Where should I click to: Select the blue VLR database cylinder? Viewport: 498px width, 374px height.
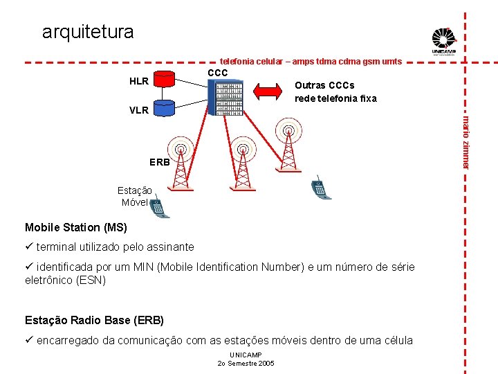pyautogui.click(x=165, y=107)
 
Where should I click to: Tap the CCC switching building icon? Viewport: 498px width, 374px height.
pyautogui.click(x=225, y=97)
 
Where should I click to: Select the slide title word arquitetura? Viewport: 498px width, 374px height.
pyautogui.click(x=88, y=32)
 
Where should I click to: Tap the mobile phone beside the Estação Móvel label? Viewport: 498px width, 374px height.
pyautogui.click(x=158, y=208)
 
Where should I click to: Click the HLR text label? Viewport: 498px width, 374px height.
pyautogui.click(x=139, y=82)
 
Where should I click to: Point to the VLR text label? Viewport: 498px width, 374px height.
pyautogui.click(x=139, y=110)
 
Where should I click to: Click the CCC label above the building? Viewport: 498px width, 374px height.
pyautogui.click(x=218, y=73)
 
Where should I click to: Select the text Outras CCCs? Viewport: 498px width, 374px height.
pyautogui.click(x=324, y=85)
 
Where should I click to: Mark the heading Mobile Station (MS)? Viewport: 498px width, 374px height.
pyautogui.click(x=76, y=227)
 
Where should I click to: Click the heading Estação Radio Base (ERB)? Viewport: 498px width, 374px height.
pyautogui.click(x=94, y=320)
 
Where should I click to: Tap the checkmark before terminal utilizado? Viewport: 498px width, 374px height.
pyautogui.click(x=29, y=247)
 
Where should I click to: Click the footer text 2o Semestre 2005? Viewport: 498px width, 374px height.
pyautogui.click(x=246, y=364)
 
